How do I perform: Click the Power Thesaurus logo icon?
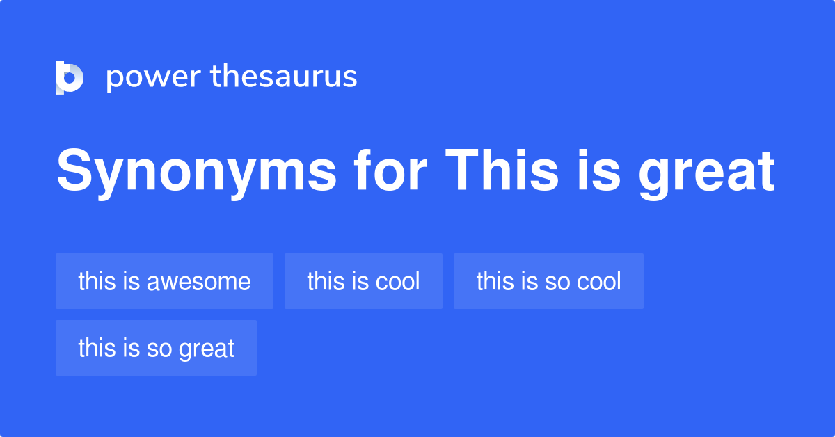70,77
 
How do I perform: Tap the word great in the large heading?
707,173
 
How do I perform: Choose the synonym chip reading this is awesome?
164,281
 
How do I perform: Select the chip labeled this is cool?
363,281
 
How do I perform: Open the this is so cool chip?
548,281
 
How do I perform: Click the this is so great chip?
156,348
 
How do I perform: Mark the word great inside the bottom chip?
206,349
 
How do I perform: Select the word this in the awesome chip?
95,281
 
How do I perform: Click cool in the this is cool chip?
397,281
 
